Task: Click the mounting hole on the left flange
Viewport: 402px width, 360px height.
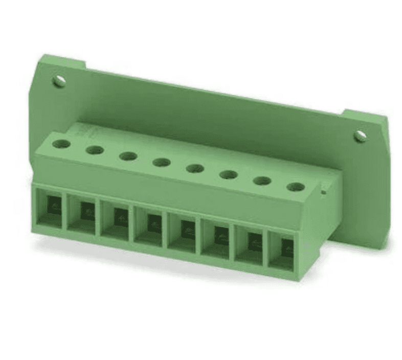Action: (x=60, y=80)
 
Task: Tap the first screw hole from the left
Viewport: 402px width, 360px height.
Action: (x=62, y=145)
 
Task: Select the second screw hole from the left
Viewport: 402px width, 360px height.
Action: (x=95, y=150)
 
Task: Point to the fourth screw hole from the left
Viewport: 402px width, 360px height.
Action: (x=161, y=163)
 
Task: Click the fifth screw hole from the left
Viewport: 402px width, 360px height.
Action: (x=194, y=168)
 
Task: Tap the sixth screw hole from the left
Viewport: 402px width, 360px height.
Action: (x=228, y=175)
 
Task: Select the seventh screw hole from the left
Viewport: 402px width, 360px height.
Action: (x=262, y=181)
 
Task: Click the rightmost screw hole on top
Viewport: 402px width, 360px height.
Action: (x=295, y=187)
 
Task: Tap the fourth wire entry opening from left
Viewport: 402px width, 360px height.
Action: (x=149, y=226)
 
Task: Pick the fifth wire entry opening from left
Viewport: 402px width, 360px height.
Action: (x=183, y=232)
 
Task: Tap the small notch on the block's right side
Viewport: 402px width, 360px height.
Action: (x=323, y=193)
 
